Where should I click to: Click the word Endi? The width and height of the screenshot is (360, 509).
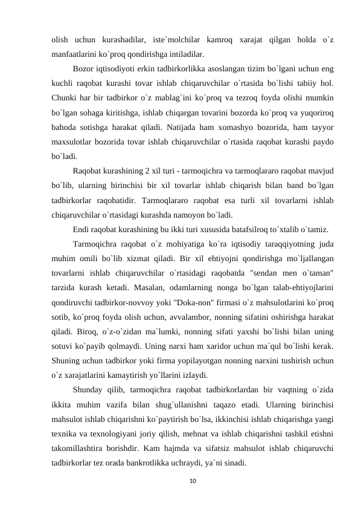[82, 230]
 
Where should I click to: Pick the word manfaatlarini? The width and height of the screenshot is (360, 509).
[76, 54]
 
